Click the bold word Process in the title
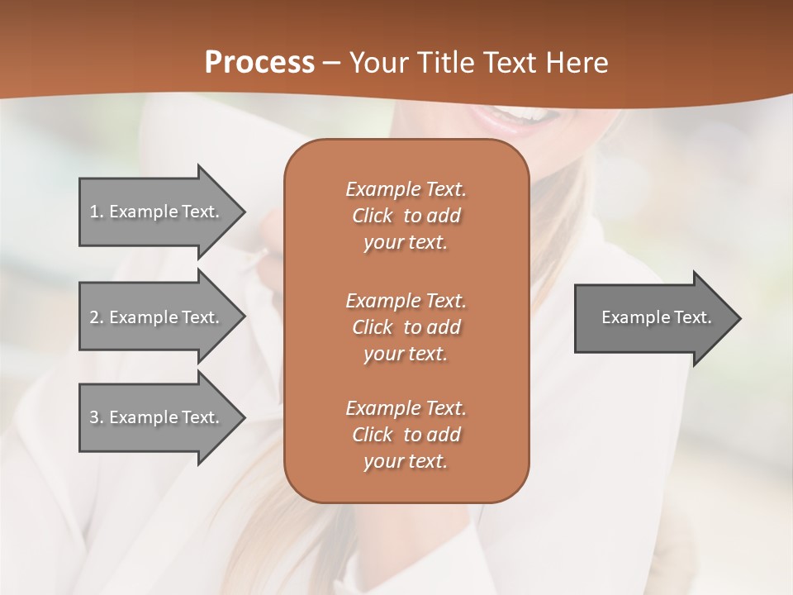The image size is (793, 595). pos(259,62)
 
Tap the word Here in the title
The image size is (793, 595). pos(576,63)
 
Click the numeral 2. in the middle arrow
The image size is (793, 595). pos(97,317)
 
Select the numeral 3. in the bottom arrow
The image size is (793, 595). pos(97,417)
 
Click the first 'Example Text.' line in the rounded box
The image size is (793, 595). pos(406,189)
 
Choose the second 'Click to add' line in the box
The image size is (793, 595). pos(406,327)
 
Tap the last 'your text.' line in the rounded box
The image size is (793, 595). pos(406,462)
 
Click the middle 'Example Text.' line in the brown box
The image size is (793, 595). pos(406,301)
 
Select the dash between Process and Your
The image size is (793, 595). pos(332,64)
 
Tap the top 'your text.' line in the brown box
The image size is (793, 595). pos(406,243)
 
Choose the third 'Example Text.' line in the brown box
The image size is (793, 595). pos(406,408)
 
